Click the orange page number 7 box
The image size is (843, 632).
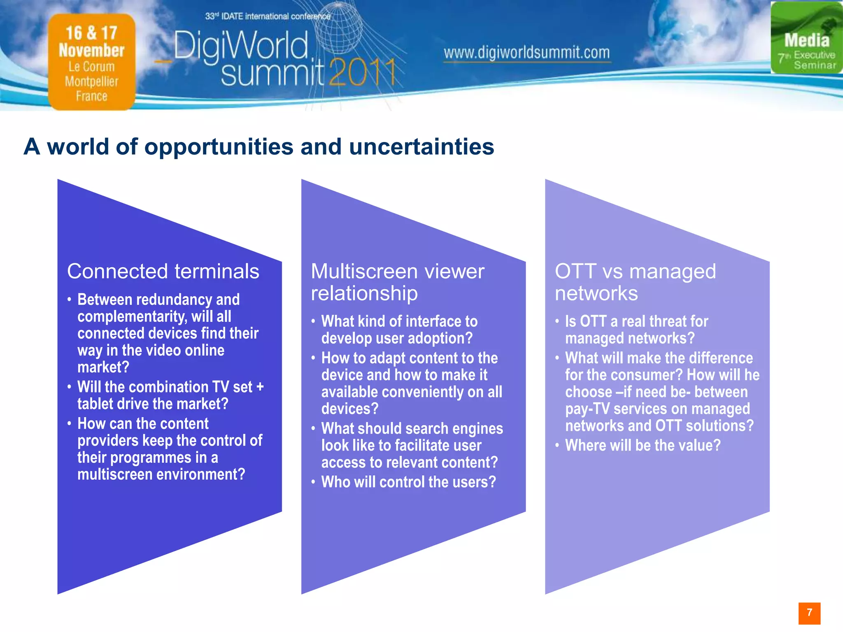coord(809,613)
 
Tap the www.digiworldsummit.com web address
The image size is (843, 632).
coord(526,53)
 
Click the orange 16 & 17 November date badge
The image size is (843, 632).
coord(91,62)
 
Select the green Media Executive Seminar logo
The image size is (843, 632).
coord(806,38)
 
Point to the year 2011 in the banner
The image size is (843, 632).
coord(362,73)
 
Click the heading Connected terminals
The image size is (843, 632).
coord(163,272)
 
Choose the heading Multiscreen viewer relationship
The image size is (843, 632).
coord(397,282)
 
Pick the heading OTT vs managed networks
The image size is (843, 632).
coord(635,282)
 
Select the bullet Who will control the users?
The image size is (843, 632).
coord(408,482)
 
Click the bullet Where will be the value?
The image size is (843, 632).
coord(643,445)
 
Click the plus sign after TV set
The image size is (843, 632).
coord(260,387)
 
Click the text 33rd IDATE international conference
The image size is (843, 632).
coord(268,16)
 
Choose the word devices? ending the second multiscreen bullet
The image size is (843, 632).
coord(349,409)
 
